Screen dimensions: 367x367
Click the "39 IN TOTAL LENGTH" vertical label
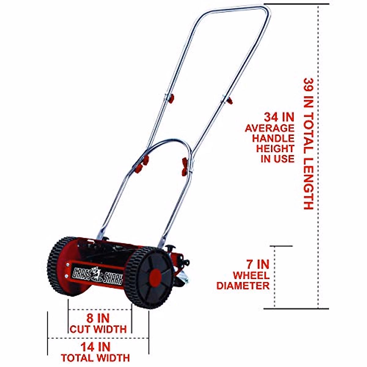coord(308,144)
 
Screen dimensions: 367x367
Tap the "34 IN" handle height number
coord(279,117)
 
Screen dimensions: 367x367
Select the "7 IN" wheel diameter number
coord(258,264)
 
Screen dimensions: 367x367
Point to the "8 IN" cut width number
coord(98,318)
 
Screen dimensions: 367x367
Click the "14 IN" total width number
coord(95,347)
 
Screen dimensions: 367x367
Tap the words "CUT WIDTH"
coord(98,329)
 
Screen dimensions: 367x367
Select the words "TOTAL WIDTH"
coord(95,358)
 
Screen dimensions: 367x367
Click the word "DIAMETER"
coord(243,286)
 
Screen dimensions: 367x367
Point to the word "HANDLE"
coord(273,138)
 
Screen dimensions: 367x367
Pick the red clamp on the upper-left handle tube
coord(171,98)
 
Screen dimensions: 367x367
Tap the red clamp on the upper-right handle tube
coord(229,100)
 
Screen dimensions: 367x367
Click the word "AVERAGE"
coord(269,128)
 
